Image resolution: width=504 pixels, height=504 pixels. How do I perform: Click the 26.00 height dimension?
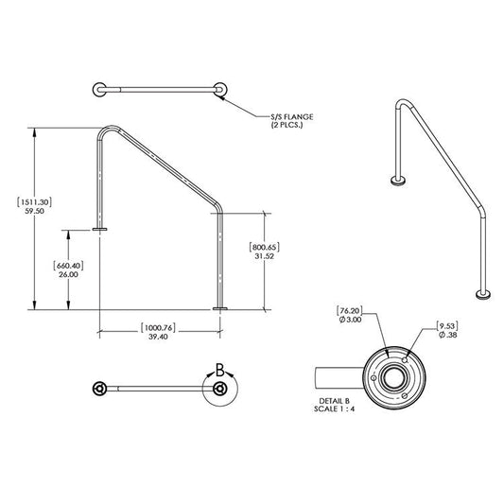pyautogui.click(x=68, y=275)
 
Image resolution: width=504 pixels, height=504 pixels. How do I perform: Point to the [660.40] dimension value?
pyautogui.click(x=68, y=265)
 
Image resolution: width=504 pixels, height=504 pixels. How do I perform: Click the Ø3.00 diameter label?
pyautogui.click(x=349, y=322)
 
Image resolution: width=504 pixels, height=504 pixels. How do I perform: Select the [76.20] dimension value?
pyautogui.click(x=349, y=311)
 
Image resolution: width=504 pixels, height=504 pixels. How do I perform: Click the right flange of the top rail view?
pyautogui.click(x=220, y=91)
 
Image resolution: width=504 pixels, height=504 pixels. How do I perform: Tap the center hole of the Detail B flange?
pyautogui.click(x=388, y=377)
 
